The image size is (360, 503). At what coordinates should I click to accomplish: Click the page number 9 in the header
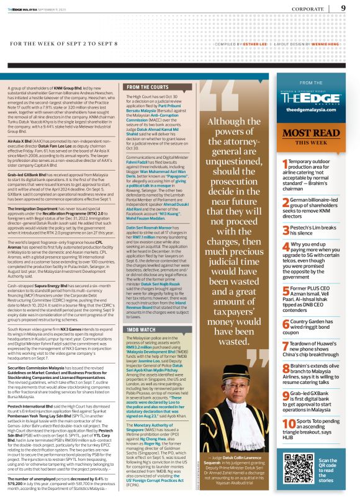click(x=343, y=8)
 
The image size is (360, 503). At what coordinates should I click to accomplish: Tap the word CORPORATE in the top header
click(x=307, y=9)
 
